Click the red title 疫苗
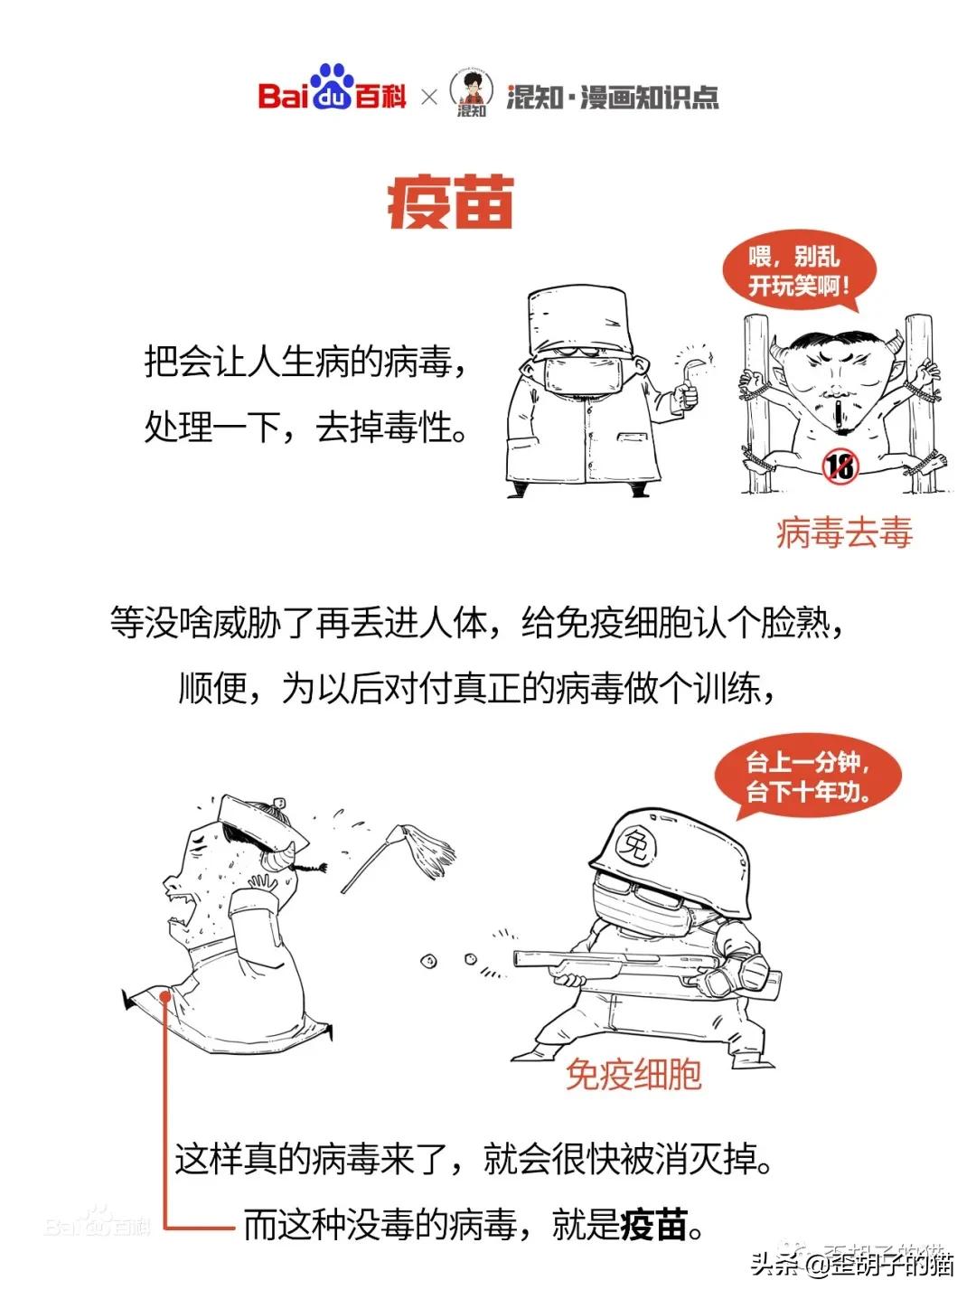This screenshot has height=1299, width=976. click(450, 202)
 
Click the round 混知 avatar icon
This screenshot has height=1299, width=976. click(471, 92)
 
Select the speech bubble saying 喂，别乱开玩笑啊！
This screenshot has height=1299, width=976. click(799, 269)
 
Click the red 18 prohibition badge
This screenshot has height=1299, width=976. click(840, 466)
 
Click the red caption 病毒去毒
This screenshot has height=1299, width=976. click(844, 533)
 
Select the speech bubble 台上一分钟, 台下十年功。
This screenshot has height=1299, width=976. click(808, 777)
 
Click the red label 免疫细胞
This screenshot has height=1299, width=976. click(633, 1074)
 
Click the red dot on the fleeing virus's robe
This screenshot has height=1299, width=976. click(166, 996)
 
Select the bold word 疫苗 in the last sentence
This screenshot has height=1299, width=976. click(654, 1226)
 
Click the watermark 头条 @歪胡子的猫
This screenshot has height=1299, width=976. click(852, 1263)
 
